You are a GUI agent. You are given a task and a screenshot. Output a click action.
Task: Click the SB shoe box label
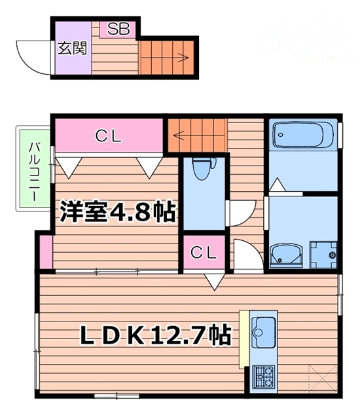coord(118,29)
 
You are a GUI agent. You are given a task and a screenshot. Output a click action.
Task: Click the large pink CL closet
coord(109,136)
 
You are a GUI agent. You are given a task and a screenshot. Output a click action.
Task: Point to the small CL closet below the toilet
coord(204,252)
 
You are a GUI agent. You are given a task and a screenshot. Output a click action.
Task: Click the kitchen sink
coord(263,335)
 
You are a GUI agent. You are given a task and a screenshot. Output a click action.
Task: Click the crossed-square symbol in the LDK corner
coord(324,379)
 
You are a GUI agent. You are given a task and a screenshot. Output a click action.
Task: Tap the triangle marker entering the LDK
coord(212,282)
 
